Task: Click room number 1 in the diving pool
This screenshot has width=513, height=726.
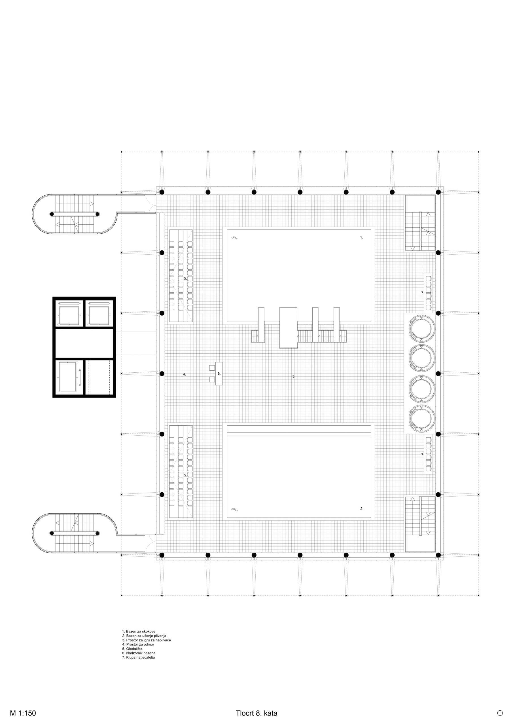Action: coord(362,237)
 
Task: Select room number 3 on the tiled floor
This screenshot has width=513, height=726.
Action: coord(294,376)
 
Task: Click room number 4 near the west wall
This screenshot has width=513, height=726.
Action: coord(184,374)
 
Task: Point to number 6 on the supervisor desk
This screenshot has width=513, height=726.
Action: coord(219,373)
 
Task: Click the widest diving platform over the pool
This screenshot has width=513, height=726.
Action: coord(288,328)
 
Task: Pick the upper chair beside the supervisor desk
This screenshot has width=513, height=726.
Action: coord(212,368)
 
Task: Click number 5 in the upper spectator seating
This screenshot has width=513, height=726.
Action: coord(185,278)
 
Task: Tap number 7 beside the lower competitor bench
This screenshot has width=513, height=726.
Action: coord(422,455)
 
